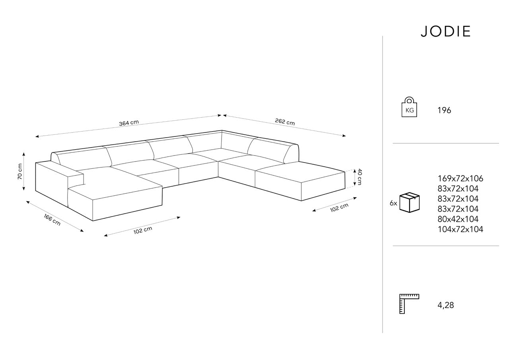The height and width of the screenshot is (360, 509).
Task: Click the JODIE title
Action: (x=445, y=31)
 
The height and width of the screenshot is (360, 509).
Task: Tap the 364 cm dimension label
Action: (x=129, y=123)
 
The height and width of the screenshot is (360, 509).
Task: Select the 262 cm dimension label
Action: (x=285, y=122)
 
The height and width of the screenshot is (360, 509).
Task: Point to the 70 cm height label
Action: (x=20, y=171)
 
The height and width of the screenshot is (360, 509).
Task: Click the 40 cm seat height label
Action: (x=359, y=177)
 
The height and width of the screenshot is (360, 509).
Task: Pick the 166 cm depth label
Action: (x=52, y=220)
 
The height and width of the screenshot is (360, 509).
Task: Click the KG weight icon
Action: (x=409, y=107)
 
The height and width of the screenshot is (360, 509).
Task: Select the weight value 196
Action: (x=444, y=111)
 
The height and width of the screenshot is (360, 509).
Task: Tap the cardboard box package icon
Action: (x=410, y=202)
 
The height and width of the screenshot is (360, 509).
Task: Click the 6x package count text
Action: (x=393, y=203)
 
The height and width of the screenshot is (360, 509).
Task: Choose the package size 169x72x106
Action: (x=460, y=179)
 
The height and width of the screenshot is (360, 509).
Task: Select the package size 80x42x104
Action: (x=458, y=219)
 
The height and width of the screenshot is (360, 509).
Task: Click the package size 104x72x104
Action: (x=460, y=229)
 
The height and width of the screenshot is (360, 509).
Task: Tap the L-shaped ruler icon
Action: (x=409, y=304)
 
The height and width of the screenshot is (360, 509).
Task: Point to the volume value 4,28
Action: (x=446, y=305)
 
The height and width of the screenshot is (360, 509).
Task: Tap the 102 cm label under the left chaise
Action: (x=143, y=230)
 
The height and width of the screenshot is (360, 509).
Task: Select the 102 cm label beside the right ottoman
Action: (x=339, y=208)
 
